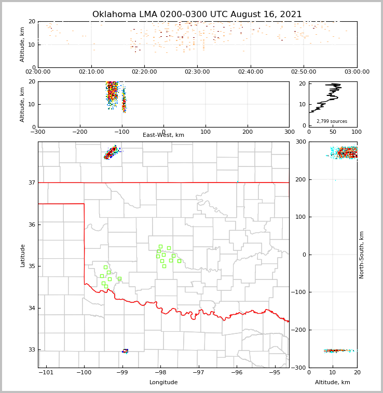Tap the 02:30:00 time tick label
click(x=197, y=72)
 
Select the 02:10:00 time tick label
click(x=91, y=72)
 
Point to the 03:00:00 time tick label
click(x=357, y=72)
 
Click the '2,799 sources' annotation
click(x=332, y=121)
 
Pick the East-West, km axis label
click(x=163, y=135)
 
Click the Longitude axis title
click(x=163, y=383)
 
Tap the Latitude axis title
click(x=23, y=255)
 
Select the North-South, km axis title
click(x=362, y=255)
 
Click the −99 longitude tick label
click(x=122, y=372)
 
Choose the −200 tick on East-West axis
click(x=79, y=132)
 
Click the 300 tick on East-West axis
click(x=289, y=132)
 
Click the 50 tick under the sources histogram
click(x=333, y=132)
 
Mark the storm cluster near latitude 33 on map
click(x=125, y=351)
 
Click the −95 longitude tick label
click(x=275, y=372)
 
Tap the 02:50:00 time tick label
click(x=304, y=72)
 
